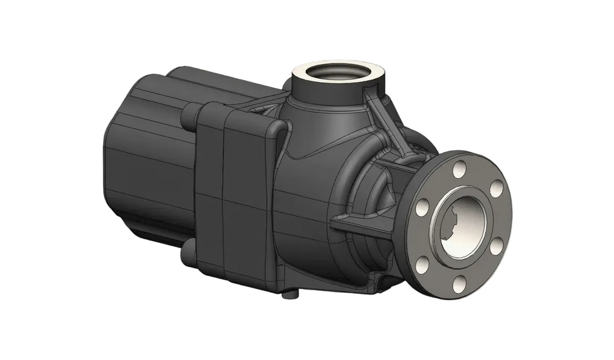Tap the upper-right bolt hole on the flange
click(x=496, y=188)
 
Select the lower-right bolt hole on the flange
click(x=496, y=246)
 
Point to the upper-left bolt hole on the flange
click(x=422, y=207)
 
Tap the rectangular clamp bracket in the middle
click(x=233, y=194)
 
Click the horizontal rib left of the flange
click(x=362, y=223)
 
